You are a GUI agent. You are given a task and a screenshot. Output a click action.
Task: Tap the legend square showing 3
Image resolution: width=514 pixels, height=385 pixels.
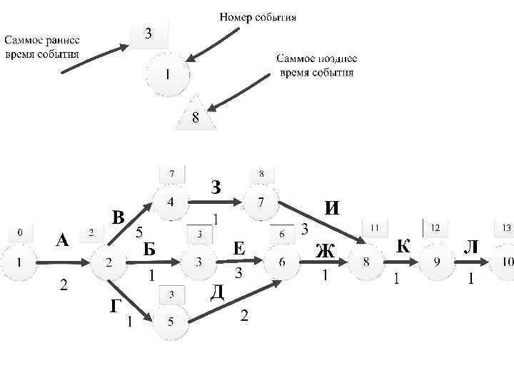pyautogui.click(x=148, y=33)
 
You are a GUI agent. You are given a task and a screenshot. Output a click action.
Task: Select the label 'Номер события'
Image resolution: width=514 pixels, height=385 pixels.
pyautogui.click(x=258, y=16)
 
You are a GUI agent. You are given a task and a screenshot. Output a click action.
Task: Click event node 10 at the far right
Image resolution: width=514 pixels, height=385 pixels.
pyautogui.click(x=505, y=262)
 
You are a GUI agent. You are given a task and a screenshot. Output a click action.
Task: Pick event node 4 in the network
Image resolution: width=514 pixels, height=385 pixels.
pyautogui.click(x=170, y=202)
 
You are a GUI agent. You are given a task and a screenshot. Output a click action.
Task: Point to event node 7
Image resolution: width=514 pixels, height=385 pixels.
pyautogui.click(x=261, y=202)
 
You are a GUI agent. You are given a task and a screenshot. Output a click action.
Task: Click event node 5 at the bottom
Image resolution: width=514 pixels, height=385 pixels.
pyautogui.click(x=170, y=322)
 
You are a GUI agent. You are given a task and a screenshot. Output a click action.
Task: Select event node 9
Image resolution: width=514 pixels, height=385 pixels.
pyautogui.click(x=437, y=262)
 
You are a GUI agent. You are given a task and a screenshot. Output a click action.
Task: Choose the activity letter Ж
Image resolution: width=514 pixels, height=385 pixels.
pyautogui.click(x=325, y=251)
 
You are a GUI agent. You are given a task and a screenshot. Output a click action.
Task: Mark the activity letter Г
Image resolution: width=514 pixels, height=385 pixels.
pyautogui.click(x=115, y=307)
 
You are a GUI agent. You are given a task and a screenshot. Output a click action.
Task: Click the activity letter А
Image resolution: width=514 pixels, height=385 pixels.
pyautogui.click(x=63, y=241)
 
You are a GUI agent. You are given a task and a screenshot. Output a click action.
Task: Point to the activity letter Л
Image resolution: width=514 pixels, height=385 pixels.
pyautogui.click(x=471, y=247)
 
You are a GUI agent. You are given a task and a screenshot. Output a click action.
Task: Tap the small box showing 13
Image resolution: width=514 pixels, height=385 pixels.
pyautogui.click(x=505, y=228)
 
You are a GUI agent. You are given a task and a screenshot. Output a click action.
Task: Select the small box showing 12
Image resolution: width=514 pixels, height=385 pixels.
pyautogui.click(x=435, y=227)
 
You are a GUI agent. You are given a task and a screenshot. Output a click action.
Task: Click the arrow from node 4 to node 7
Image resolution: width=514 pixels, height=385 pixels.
pyautogui.click(x=216, y=203)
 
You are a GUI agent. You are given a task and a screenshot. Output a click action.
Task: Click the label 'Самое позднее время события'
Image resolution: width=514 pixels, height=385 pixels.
pyautogui.click(x=316, y=66)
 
